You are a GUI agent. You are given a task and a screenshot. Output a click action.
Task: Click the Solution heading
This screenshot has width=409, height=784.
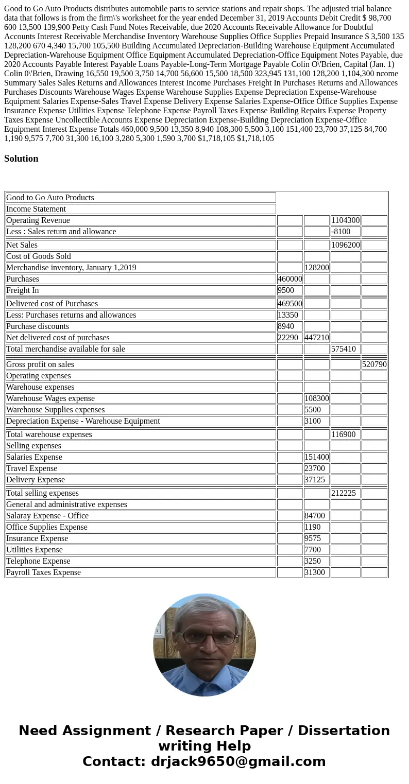pos(21,159)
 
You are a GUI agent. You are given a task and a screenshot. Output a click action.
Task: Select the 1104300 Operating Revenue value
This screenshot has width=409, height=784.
pos(345,220)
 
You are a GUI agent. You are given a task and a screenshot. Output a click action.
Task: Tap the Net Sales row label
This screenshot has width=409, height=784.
pos(22,245)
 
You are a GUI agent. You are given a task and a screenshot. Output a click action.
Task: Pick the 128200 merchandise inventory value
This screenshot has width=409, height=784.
pos(316,268)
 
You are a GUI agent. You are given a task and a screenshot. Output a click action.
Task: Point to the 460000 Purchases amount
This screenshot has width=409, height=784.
pos(289,279)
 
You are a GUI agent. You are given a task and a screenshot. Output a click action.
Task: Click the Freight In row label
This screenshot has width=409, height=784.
pos(23,290)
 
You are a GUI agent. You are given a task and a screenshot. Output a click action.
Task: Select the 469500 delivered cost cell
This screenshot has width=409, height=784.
pos(289,304)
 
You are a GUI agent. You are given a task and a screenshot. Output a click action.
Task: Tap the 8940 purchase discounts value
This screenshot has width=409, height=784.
pos(286,326)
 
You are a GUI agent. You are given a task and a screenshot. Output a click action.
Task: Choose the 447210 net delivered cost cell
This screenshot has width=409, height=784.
pos(316,338)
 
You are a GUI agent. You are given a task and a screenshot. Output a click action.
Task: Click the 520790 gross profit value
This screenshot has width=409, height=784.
pos(374,364)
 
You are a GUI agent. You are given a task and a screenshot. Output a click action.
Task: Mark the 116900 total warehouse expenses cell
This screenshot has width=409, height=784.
pos(344,434)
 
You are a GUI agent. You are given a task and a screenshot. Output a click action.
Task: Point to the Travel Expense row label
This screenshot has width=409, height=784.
pos(32,468)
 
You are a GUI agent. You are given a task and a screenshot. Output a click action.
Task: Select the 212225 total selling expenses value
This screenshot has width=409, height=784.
pos(344,493)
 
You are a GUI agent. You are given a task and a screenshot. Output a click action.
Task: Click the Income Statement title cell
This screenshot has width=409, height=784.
pos(36,209)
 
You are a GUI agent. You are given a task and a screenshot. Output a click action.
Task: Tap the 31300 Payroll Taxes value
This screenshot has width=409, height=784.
pos(313,572)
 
